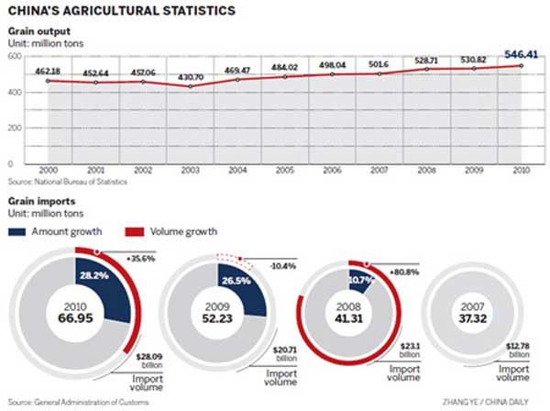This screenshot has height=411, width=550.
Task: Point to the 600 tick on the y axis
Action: pyautogui.click(x=14, y=56)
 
